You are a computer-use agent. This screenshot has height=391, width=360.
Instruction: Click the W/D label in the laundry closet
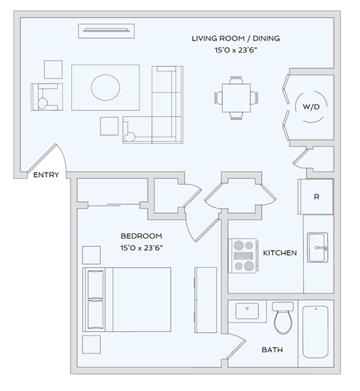(310, 107)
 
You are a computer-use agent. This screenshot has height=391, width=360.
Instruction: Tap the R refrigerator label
(317, 197)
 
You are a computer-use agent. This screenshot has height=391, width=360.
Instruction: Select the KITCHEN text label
(279, 254)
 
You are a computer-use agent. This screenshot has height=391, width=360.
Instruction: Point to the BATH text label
(271, 350)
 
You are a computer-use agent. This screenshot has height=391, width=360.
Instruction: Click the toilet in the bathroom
(283, 318)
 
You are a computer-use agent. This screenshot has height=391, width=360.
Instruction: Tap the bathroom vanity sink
(246, 310)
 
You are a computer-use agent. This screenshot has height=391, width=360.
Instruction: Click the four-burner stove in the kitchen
(243, 255)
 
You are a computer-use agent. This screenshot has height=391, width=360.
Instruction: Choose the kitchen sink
(318, 247)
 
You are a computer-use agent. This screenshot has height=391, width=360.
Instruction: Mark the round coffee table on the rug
(105, 87)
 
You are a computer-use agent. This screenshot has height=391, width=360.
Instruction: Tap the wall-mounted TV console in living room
(107, 31)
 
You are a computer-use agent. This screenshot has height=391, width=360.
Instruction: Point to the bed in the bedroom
(128, 299)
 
